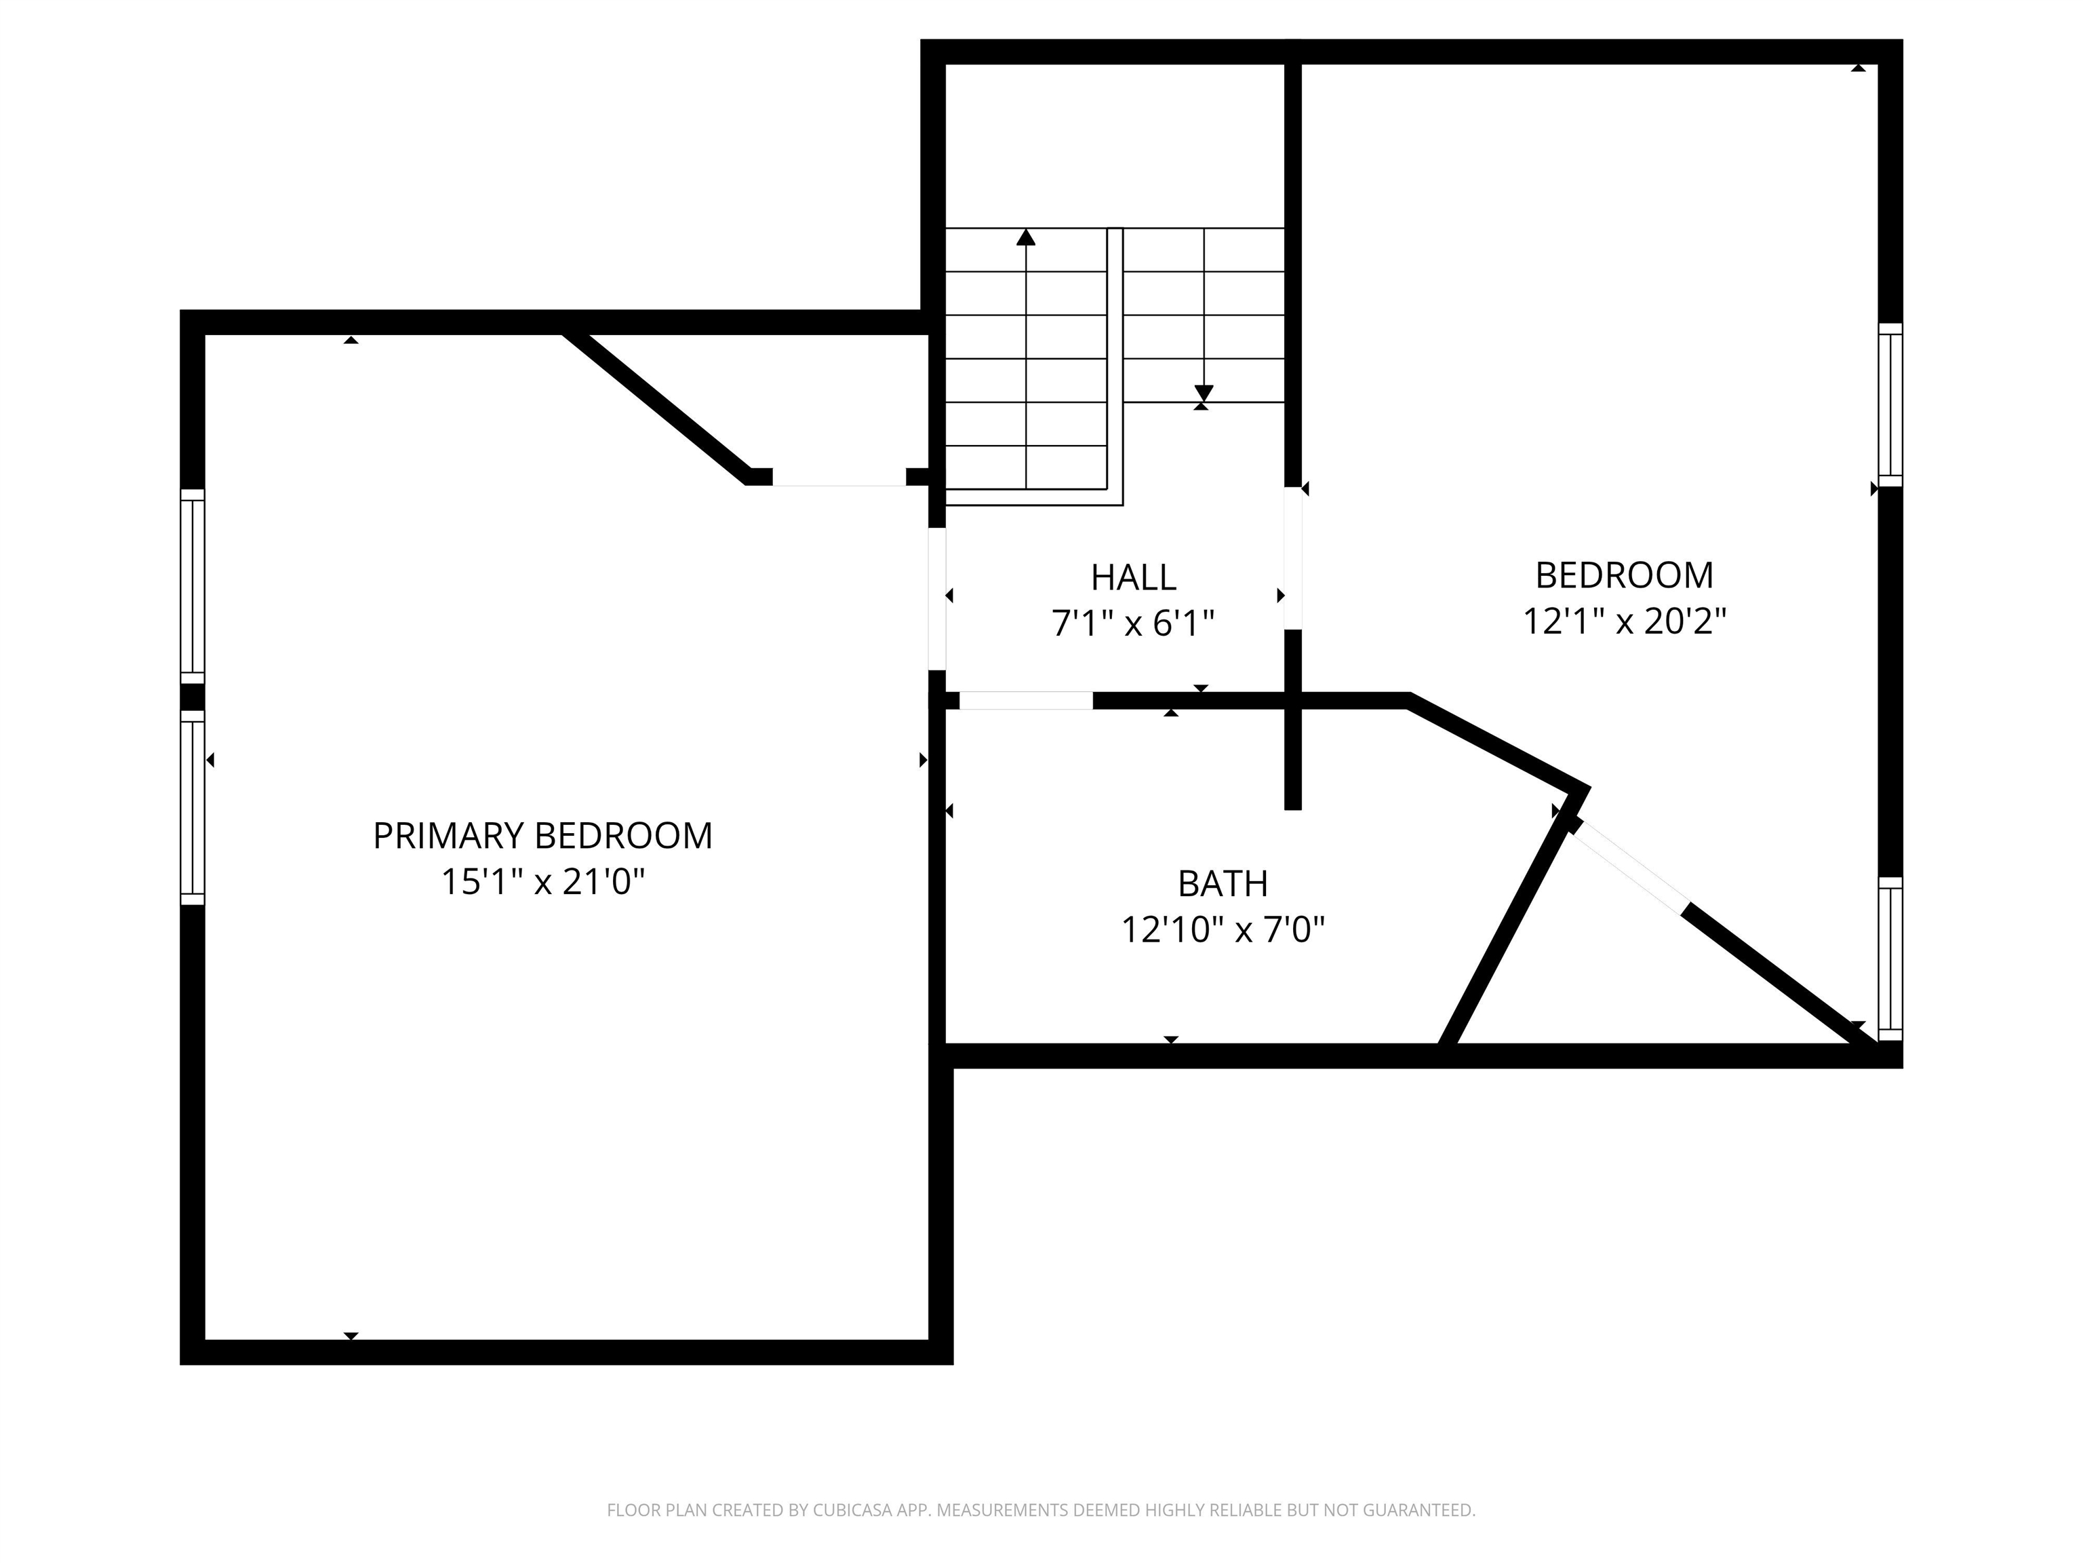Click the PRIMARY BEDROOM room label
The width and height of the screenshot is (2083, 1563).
pyautogui.click(x=542, y=836)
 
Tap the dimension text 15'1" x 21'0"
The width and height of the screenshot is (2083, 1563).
pyautogui.click(x=542, y=882)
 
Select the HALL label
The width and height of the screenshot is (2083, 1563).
pyautogui.click(x=1133, y=577)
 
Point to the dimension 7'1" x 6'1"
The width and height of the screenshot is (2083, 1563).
pyautogui.click(x=1133, y=623)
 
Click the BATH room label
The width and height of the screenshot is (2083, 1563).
pyautogui.click(x=1223, y=884)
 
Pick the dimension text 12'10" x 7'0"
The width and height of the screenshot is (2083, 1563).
pyautogui.click(x=1223, y=930)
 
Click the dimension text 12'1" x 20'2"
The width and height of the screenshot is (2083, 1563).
pyautogui.click(x=1625, y=621)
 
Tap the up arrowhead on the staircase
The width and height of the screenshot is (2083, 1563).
pyautogui.click(x=1025, y=237)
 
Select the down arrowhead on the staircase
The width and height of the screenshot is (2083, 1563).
pyautogui.click(x=1204, y=393)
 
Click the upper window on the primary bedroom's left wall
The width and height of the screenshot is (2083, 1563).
pyautogui.click(x=192, y=586)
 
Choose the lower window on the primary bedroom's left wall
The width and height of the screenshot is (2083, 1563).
pyautogui.click(x=192, y=807)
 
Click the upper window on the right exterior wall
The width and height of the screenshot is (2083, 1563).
pyautogui.click(x=1890, y=405)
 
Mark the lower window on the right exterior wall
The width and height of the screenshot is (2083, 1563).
pyautogui.click(x=1890, y=959)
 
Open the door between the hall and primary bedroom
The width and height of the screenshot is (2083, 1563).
pyautogui.click(x=937, y=599)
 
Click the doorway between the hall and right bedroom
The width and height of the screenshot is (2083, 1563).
pyautogui.click(x=1293, y=558)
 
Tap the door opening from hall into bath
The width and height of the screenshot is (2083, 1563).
pyautogui.click(x=1025, y=700)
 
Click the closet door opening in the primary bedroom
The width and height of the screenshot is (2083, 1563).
pyautogui.click(x=839, y=478)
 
